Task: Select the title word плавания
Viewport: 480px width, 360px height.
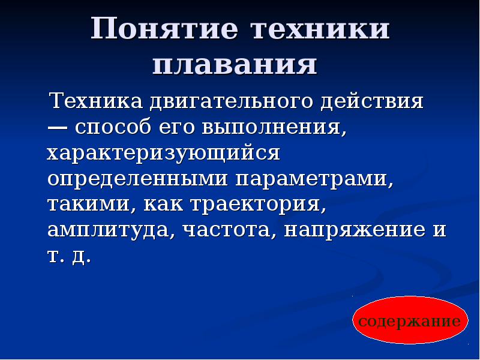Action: click(235, 64)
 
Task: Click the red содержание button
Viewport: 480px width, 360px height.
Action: click(410, 321)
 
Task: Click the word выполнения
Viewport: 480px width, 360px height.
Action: click(287, 128)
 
